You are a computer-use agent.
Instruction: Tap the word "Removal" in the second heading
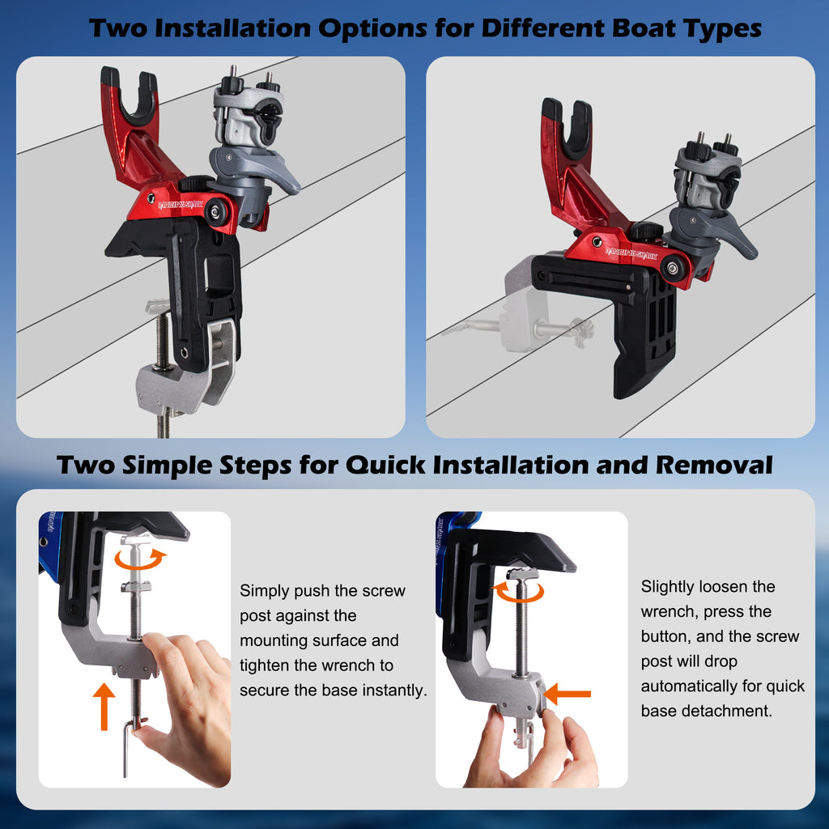tap(714, 466)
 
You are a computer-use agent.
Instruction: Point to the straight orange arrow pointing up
tap(104, 706)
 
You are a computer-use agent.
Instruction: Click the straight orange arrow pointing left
tap(568, 694)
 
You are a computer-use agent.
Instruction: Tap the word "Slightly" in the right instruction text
tap(667, 587)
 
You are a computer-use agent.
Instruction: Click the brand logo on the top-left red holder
tap(181, 205)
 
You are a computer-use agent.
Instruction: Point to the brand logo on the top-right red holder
tap(631, 253)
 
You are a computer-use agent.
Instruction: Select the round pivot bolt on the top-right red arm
tap(673, 269)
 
